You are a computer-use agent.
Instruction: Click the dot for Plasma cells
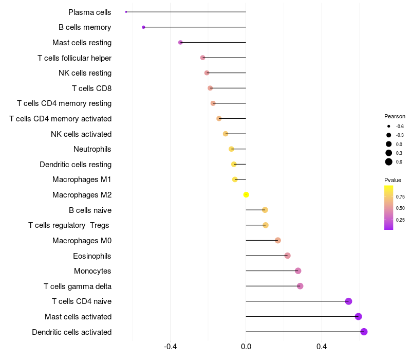(126, 12)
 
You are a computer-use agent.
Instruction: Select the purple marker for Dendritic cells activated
(364, 332)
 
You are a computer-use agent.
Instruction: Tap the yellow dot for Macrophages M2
(246, 195)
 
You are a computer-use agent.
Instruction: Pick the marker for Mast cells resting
(180, 43)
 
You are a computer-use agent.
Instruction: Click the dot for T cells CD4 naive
(348, 301)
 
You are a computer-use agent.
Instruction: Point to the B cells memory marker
(143, 27)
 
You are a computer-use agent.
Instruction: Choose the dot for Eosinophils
(287, 256)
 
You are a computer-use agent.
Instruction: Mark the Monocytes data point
(298, 271)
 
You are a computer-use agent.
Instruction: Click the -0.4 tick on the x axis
(171, 347)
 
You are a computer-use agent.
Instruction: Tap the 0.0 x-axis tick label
(246, 347)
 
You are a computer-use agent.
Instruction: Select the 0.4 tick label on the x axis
(322, 347)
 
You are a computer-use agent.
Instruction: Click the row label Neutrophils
(92, 149)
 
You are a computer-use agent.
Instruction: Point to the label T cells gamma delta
(78, 286)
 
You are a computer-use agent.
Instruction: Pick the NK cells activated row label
(81, 134)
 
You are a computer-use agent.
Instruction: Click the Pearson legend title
(395, 116)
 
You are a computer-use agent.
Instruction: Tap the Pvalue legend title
(393, 180)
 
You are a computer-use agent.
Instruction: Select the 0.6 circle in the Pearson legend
(389, 162)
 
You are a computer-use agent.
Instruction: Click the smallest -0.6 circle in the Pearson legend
(389, 126)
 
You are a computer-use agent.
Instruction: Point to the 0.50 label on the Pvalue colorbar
(400, 208)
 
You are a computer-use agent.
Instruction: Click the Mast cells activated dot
(358, 316)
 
